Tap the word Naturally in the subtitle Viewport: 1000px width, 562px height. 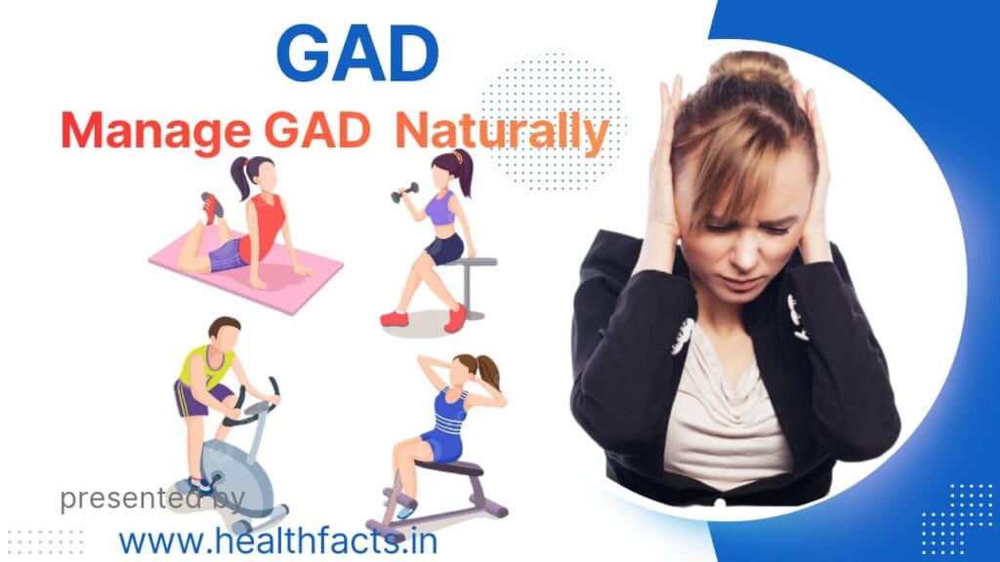(502, 132)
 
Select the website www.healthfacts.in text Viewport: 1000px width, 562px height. (277, 539)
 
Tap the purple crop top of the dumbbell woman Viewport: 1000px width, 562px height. (440, 209)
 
